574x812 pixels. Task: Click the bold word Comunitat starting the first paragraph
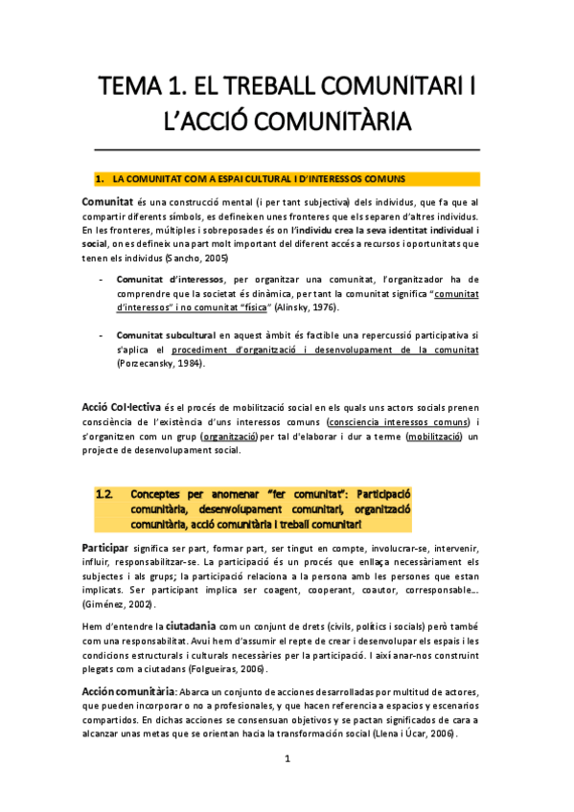(x=107, y=202)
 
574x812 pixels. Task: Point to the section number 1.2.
(x=104, y=495)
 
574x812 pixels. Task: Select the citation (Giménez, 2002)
(x=123, y=604)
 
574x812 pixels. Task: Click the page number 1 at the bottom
(x=287, y=785)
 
